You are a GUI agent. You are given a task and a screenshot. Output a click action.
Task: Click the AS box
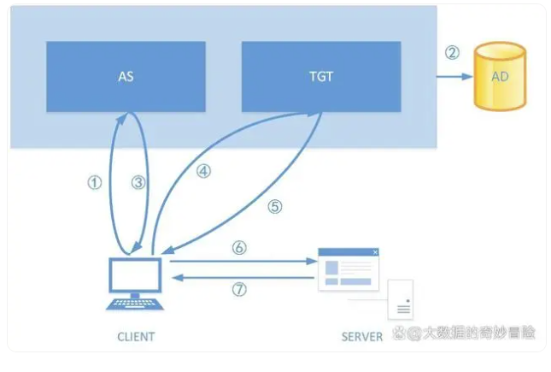click(125, 75)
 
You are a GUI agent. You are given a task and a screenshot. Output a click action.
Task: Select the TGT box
click(321, 75)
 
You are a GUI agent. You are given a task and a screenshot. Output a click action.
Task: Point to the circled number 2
click(452, 53)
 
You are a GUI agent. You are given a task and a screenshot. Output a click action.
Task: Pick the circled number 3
click(137, 182)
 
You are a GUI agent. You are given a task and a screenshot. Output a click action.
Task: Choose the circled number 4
click(202, 171)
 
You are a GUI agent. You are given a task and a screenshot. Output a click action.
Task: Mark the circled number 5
click(274, 206)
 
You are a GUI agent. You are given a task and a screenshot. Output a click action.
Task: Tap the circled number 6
click(239, 248)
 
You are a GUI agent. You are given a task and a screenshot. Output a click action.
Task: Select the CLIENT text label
click(136, 336)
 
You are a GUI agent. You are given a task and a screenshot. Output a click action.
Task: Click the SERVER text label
click(361, 336)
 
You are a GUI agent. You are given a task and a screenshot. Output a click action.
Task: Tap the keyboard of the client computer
click(134, 304)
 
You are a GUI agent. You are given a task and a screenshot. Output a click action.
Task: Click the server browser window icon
click(348, 269)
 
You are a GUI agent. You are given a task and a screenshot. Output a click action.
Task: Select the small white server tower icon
click(401, 299)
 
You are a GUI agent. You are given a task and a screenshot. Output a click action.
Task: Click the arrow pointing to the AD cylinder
click(453, 76)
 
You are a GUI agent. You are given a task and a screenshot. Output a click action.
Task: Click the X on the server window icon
click(374, 252)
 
